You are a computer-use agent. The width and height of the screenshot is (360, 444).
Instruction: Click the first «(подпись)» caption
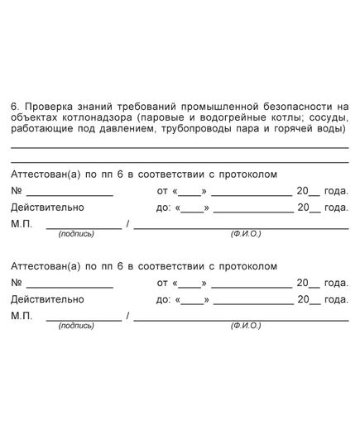tap(76, 234)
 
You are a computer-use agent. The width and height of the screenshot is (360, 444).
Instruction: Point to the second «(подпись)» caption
tap(76, 326)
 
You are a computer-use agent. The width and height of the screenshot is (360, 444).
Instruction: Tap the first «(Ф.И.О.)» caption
tap(246, 234)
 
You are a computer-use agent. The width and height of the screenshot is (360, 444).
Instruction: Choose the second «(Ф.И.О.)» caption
tap(246, 326)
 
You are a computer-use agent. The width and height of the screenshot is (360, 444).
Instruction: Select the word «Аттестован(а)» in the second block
tap(46, 265)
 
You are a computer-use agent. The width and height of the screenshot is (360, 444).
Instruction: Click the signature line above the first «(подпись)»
tap(83, 227)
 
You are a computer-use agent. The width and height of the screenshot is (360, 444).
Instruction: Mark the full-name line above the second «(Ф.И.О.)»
tap(240, 319)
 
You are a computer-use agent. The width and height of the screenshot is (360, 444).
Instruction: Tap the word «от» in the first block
tap(162, 191)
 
